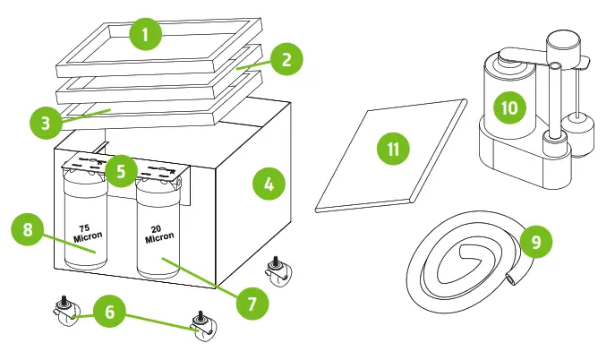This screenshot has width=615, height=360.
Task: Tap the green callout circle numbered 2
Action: [286, 62]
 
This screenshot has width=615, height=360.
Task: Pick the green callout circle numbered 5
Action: [122, 168]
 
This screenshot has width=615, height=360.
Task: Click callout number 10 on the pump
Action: [509, 107]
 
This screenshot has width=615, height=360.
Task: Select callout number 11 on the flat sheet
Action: [392, 150]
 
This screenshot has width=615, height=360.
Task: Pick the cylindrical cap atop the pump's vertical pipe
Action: [562, 42]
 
